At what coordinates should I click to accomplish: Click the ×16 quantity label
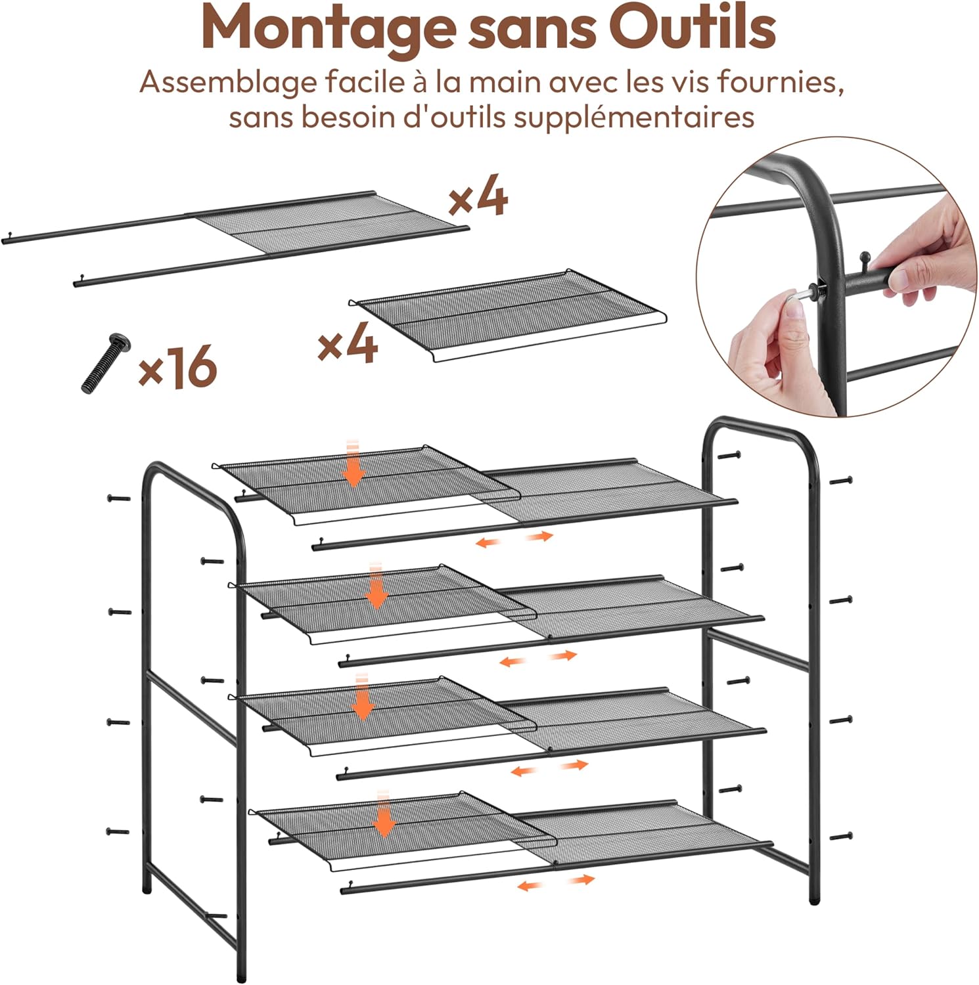pyautogui.click(x=177, y=367)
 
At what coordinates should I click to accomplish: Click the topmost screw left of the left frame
pyautogui.click(x=119, y=498)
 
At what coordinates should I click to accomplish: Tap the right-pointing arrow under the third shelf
pyautogui.click(x=574, y=765)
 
